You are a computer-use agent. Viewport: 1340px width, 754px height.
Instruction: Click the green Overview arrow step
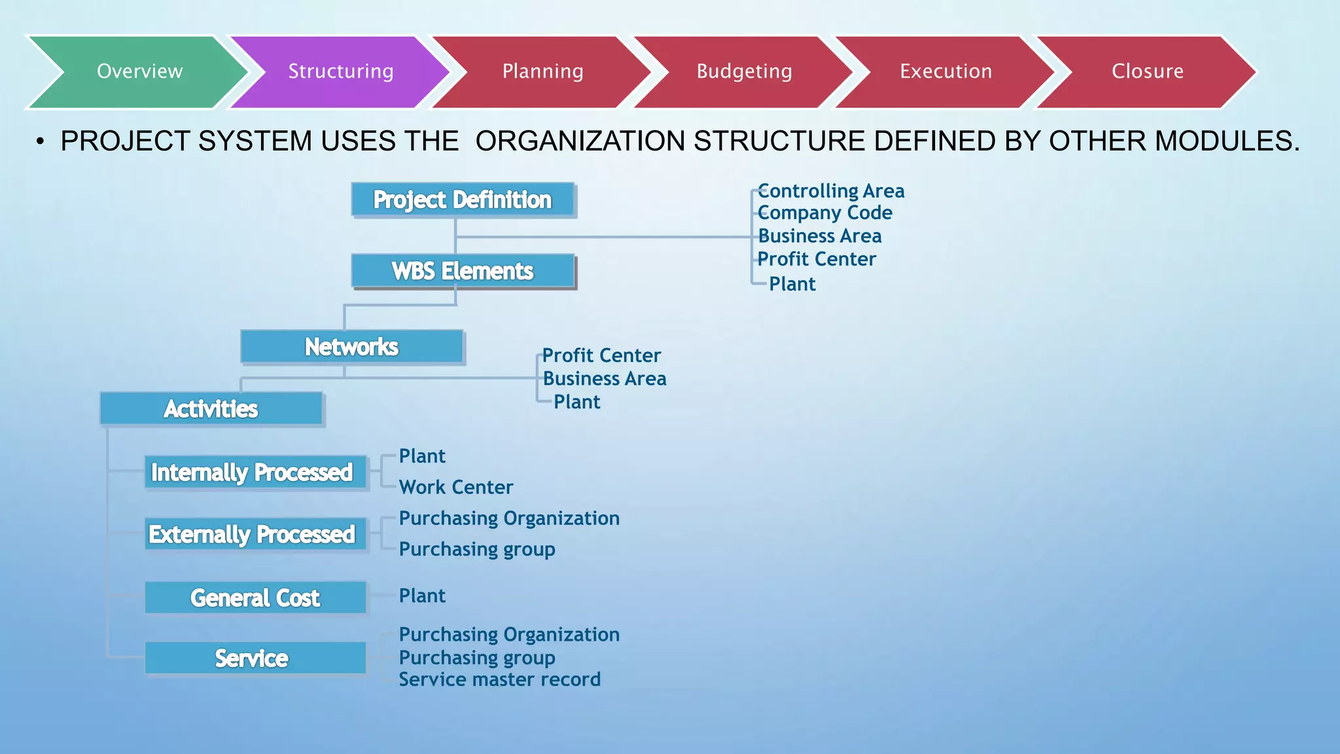click(x=139, y=71)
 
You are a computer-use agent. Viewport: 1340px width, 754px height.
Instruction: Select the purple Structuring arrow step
click(x=340, y=71)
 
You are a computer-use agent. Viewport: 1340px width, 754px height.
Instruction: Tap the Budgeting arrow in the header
click(x=744, y=71)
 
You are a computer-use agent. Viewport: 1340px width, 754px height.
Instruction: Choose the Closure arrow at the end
click(x=1147, y=71)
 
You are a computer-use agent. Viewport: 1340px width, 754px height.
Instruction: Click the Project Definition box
click(x=463, y=200)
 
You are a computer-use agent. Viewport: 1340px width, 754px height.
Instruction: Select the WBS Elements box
click(x=463, y=271)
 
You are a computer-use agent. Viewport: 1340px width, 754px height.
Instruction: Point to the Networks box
click(x=351, y=347)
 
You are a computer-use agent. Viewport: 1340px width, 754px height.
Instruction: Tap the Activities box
click(x=211, y=409)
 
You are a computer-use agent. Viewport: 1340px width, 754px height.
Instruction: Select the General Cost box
click(x=255, y=598)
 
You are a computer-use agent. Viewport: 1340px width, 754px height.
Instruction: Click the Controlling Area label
click(x=831, y=191)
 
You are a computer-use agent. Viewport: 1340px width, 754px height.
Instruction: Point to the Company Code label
click(x=825, y=213)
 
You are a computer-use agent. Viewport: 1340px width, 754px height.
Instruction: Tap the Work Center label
click(x=456, y=487)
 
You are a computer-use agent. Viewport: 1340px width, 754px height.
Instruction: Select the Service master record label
click(x=500, y=679)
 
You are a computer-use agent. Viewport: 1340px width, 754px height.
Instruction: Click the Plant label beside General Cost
click(x=422, y=596)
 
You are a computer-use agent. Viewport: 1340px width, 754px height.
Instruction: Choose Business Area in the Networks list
click(x=605, y=378)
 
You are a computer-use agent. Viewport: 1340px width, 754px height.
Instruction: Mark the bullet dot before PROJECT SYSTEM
click(x=41, y=141)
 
